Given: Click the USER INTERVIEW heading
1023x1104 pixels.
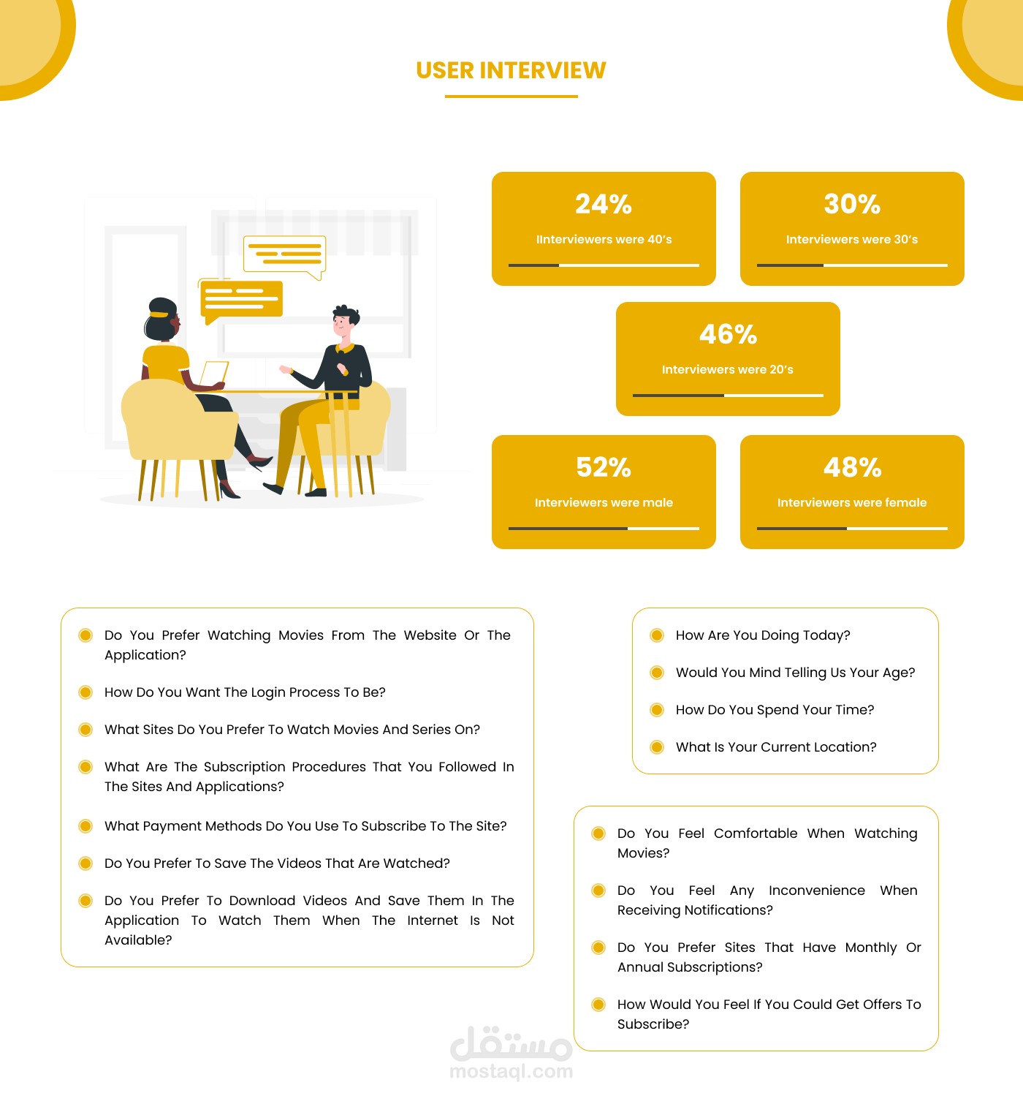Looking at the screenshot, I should click(x=511, y=70).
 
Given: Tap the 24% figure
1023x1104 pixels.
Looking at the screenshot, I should click(x=604, y=204).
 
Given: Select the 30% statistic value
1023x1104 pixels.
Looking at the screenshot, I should click(x=852, y=204).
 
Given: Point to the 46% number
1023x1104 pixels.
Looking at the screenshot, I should click(x=728, y=334).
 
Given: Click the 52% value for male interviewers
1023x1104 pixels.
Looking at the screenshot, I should click(x=604, y=467).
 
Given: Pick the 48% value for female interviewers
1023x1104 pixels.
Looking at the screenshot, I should click(x=852, y=467).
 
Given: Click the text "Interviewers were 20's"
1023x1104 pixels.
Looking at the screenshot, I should click(x=728, y=370).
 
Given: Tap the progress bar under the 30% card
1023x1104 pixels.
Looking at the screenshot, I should click(x=852, y=265).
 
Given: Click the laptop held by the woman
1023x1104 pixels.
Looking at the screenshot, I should click(x=214, y=374).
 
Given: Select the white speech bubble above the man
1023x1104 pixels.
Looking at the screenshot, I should click(x=284, y=254).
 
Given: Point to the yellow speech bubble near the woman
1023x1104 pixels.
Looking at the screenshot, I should click(x=241, y=299).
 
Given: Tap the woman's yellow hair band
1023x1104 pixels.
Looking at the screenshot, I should click(x=159, y=314).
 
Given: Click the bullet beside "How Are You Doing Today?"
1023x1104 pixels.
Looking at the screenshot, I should click(x=657, y=635).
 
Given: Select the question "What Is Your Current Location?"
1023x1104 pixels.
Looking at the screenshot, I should click(x=776, y=747).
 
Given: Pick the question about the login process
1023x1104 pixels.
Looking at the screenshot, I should click(x=245, y=692).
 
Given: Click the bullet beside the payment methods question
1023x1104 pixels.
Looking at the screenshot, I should click(x=85, y=826).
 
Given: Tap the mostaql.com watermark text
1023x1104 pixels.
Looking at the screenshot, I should click(x=511, y=1072).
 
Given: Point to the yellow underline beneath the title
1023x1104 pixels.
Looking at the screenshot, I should click(x=511, y=96).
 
